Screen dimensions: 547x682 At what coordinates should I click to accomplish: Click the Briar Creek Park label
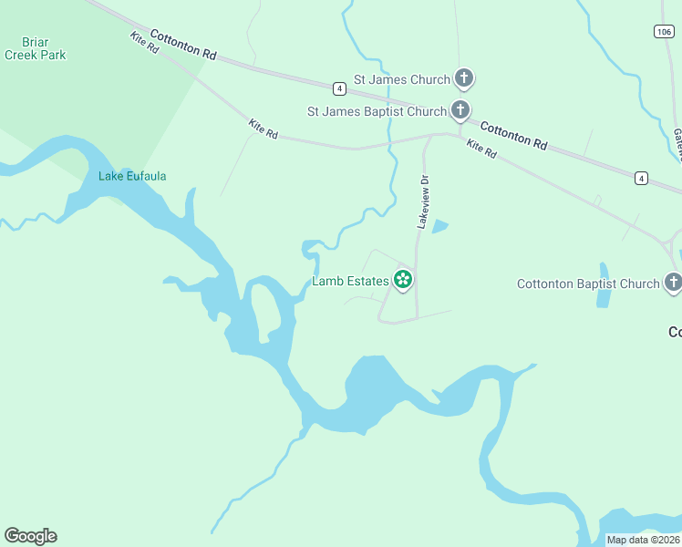35,48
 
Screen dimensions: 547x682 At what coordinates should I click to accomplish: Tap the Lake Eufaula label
132,176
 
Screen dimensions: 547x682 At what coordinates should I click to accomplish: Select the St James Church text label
403,79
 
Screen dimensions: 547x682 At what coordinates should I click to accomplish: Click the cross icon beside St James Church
464,78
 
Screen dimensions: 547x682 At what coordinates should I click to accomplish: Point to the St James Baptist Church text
377,112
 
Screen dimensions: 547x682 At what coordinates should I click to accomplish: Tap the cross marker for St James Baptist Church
460,111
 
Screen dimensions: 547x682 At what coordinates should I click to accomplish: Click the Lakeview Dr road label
422,201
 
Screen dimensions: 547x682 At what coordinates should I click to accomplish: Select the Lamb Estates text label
351,281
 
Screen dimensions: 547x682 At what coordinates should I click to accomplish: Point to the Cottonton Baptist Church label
587,284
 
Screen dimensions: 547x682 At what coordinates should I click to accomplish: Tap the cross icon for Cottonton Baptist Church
673,283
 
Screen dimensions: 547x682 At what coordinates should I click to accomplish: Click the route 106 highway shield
664,32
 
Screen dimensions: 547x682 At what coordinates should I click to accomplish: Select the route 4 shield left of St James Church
338,88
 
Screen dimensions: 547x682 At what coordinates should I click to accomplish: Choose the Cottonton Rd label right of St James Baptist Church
513,136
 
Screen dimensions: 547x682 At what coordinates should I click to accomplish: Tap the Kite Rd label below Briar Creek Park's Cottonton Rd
145,43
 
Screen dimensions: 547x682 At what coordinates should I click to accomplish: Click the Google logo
30,535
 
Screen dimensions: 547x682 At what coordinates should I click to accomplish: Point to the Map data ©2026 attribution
643,540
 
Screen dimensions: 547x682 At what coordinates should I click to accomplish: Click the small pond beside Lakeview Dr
439,226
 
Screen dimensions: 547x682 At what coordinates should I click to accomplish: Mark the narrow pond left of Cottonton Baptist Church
603,284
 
